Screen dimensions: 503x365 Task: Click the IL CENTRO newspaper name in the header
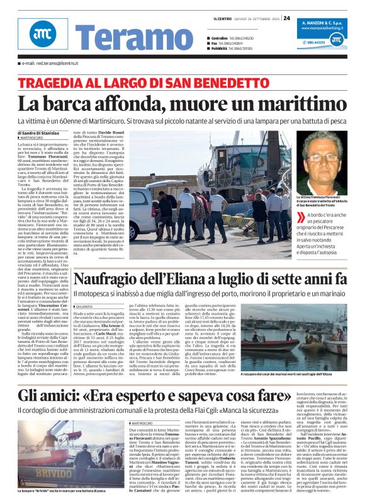[x=223, y=18]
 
